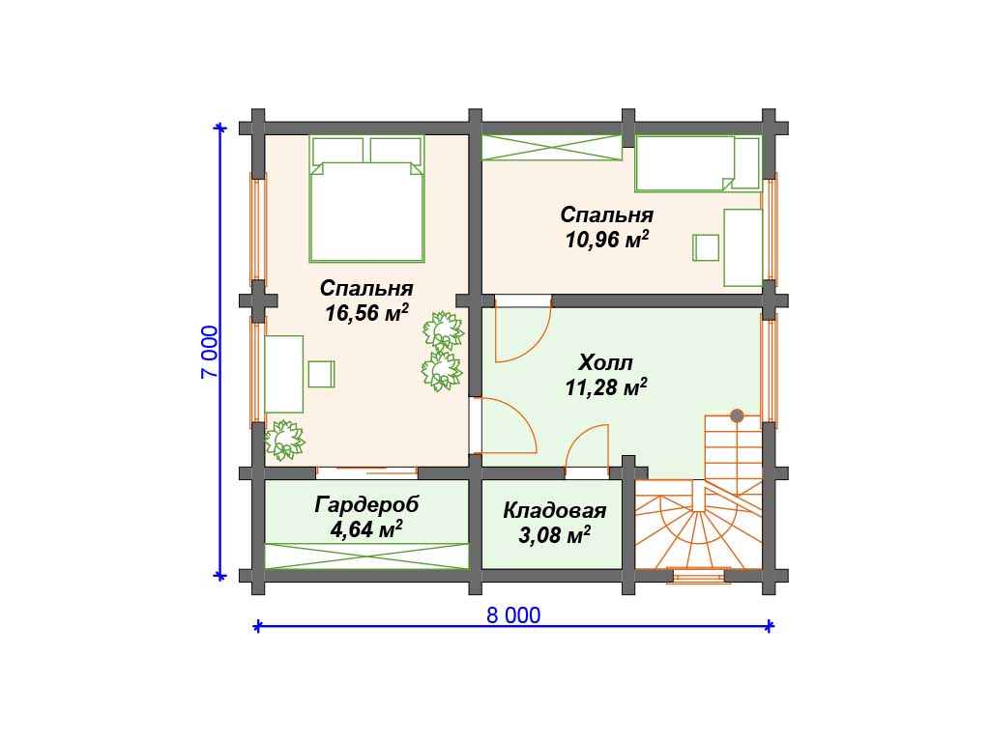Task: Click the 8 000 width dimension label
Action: (x=513, y=615)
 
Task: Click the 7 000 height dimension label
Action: (x=210, y=352)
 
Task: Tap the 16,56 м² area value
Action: (x=366, y=313)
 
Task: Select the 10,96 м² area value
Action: (x=607, y=240)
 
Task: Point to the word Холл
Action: (x=606, y=363)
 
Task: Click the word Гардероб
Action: (x=366, y=504)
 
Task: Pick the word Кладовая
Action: (x=554, y=510)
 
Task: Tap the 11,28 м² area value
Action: (x=606, y=387)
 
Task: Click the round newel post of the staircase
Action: (x=737, y=415)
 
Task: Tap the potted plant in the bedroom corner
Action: (x=285, y=441)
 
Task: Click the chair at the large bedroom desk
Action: (x=321, y=374)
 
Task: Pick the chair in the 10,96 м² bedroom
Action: (x=706, y=247)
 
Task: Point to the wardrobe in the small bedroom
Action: (x=552, y=148)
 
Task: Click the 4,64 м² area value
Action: (x=366, y=529)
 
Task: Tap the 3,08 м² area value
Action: (x=554, y=535)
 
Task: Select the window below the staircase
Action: (x=698, y=576)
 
